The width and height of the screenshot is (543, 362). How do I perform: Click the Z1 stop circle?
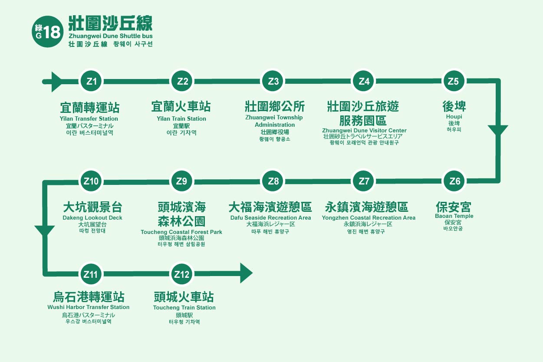point(92,81)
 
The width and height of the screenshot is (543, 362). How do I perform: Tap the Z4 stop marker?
point(364,81)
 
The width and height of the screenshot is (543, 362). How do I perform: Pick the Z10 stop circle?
point(91,181)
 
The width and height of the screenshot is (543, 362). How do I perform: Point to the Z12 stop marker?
point(182,274)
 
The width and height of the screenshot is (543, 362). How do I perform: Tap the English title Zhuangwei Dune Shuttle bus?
point(110,36)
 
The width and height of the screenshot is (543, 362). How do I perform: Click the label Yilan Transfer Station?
point(89,118)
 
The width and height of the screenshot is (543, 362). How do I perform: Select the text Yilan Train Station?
point(181,118)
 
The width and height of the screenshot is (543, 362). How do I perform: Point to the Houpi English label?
point(454,117)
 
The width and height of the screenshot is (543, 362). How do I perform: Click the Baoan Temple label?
point(454,216)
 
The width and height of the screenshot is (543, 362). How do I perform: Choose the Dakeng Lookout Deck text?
point(92,217)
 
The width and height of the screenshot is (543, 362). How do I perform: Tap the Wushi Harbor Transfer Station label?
point(89,307)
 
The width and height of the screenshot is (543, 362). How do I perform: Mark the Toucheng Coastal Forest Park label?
point(181,232)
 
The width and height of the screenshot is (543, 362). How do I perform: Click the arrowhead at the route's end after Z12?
point(246,273)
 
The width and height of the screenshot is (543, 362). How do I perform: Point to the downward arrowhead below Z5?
point(498,131)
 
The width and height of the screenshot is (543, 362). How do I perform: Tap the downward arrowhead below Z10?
point(45,230)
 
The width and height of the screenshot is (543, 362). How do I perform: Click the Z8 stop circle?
point(273,181)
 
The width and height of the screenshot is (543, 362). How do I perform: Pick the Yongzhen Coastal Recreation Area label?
point(369,217)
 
